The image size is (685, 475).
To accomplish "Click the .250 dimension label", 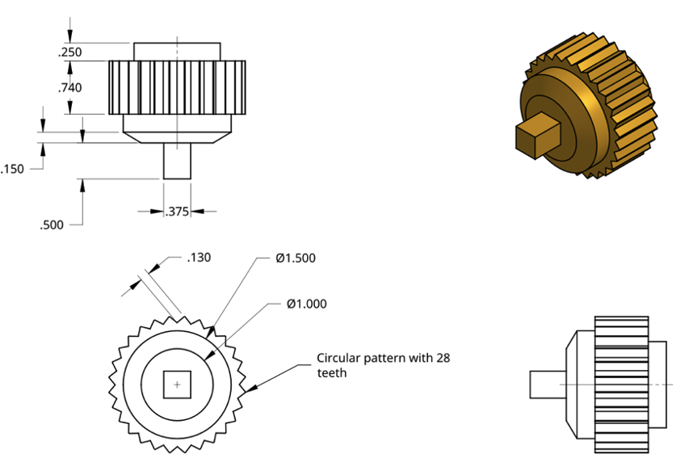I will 70,53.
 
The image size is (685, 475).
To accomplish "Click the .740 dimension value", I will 70,88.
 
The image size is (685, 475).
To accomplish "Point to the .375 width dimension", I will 177,212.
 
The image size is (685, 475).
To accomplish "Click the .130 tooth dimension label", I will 199,258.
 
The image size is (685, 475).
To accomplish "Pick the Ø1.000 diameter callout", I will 306,304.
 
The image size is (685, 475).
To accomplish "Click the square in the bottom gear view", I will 177,385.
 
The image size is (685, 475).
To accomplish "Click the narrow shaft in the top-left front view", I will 177,161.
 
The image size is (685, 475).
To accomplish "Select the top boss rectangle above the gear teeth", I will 176,51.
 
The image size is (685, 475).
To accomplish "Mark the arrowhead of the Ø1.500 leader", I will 212,331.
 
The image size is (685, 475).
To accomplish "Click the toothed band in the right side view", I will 621,385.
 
